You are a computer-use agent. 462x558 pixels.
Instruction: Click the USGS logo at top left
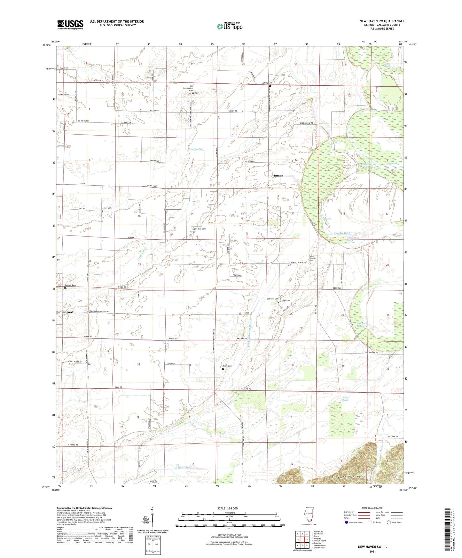point(70,24)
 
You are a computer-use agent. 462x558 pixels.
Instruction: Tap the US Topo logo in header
point(229,26)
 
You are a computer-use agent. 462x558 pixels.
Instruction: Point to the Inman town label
point(278,176)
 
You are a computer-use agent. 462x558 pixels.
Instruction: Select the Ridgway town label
point(67,312)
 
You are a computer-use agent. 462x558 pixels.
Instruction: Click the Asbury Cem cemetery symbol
point(270,86)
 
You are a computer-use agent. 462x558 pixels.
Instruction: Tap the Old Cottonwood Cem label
point(192,88)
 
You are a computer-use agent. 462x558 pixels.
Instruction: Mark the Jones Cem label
point(107,208)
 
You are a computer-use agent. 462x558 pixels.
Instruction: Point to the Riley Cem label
point(227,366)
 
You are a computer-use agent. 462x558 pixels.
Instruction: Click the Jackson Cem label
point(70,285)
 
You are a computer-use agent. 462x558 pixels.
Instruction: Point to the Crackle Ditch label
point(342,233)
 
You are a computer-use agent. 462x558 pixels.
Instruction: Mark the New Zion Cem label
point(200,229)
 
